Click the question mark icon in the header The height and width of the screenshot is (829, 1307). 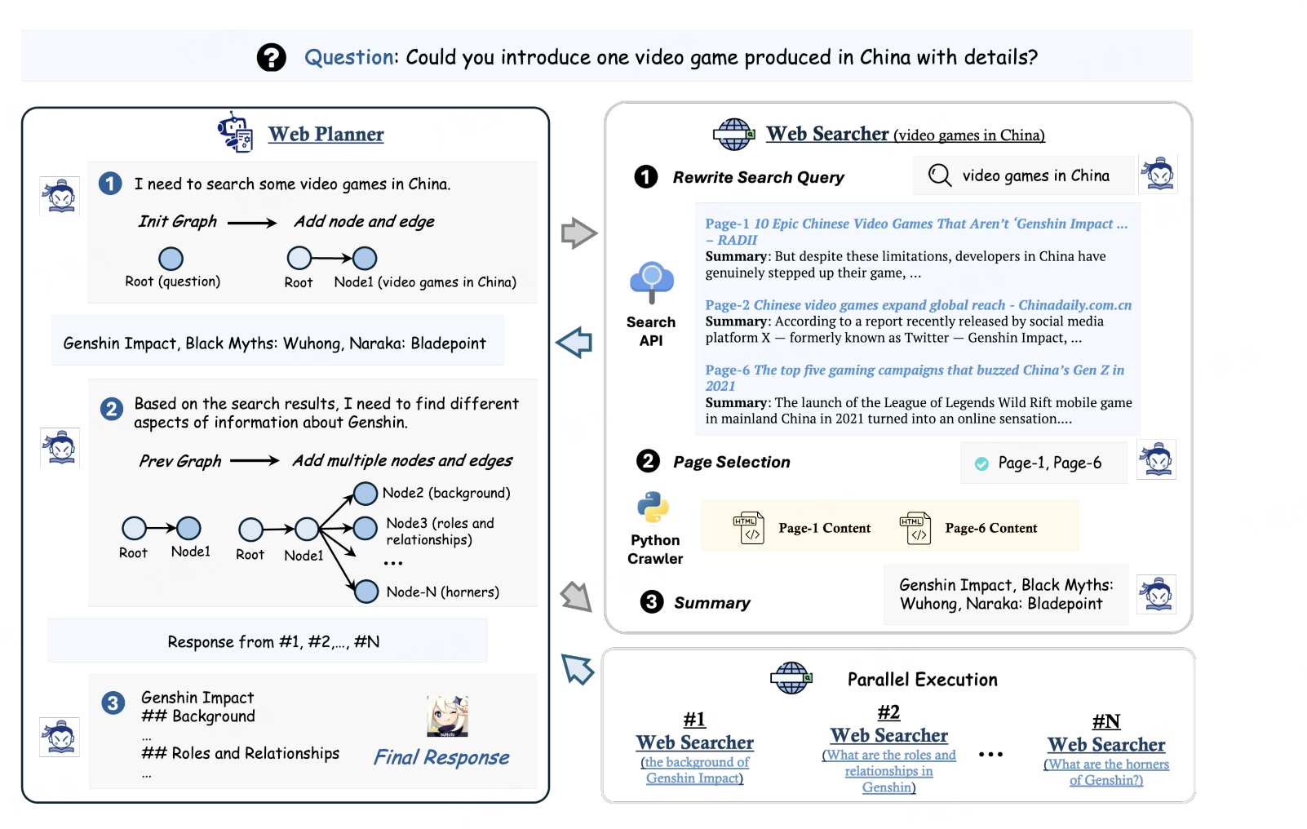(x=271, y=57)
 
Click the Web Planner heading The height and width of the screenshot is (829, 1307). (x=326, y=134)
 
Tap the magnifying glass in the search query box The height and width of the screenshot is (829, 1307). (x=940, y=175)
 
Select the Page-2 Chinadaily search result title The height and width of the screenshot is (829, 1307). (x=918, y=305)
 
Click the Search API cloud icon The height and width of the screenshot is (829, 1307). (x=651, y=282)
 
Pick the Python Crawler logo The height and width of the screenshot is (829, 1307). (x=653, y=508)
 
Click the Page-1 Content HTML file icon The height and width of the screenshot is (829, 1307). (x=748, y=528)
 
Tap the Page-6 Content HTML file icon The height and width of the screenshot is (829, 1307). (x=915, y=528)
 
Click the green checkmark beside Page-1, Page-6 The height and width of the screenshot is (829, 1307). (x=981, y=463)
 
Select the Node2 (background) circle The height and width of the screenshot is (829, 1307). (x=365, y=493)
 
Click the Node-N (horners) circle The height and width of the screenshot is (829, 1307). (x=366, y=591)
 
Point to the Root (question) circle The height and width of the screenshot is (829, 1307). (x=171, y=259)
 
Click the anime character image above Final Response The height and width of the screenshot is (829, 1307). (x=447, y=716)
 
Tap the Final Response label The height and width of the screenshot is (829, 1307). (x=441, y=757)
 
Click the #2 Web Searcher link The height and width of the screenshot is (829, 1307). (x=888, y=735)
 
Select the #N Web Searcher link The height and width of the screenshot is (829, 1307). (x=1106, y=744)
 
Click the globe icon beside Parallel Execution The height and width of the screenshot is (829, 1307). (x=791, y=678)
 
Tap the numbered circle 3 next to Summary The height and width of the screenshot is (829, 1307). (x=651, y=602)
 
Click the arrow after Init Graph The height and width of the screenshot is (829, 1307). (x=252, y=223)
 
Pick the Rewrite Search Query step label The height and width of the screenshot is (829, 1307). (x=758, y=177)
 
